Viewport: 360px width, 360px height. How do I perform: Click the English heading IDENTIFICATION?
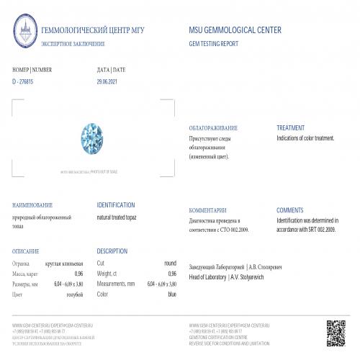[x=116, y=204]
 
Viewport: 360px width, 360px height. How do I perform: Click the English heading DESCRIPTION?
[x=112, y=251]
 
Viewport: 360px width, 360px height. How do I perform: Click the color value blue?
[x=171, y=294]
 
